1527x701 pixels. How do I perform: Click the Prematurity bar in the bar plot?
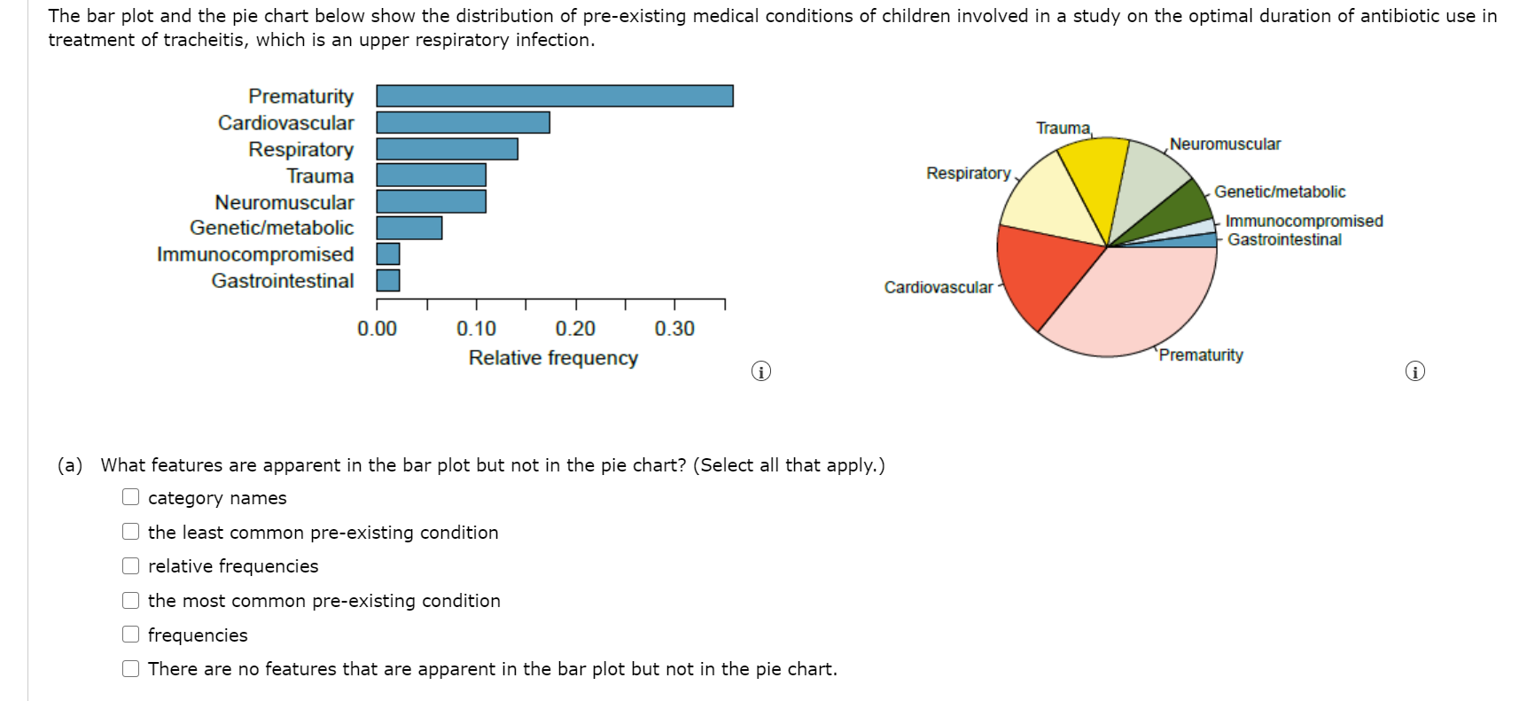click(555, 96)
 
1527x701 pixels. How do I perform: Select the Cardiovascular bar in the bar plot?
click(463, 122)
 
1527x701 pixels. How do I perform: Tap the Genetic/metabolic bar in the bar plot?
click(409, 228)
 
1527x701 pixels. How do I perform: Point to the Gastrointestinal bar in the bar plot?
click(388, 280)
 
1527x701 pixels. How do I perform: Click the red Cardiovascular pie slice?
click(1041, 270)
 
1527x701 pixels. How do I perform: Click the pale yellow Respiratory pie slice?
click(1046, 199)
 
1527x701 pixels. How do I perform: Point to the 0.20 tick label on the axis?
click(575, 329)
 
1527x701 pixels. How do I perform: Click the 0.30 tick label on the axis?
click(674, 329)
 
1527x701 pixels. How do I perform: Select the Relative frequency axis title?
click(553, 358)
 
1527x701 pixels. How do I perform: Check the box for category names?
click(131, 497)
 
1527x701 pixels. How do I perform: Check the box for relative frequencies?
click(131, 565)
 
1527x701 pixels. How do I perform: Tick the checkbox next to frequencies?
click(131, 635)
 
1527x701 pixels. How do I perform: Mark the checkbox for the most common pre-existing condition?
click(131, 600)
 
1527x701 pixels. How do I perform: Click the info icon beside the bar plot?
click(760, 371)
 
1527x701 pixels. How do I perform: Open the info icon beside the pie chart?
click(1415, 371)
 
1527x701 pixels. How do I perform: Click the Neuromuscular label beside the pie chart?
click(1225, 144)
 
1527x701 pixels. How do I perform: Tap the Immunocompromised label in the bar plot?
click(255, 254)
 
